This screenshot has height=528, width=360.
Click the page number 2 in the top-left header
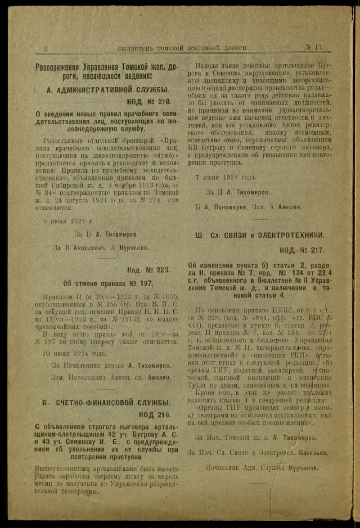(x=45, y=49)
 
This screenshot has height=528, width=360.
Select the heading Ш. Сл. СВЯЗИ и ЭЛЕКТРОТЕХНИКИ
(x=260, y=235)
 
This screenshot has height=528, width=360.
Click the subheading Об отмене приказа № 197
(x=108, y=284)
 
